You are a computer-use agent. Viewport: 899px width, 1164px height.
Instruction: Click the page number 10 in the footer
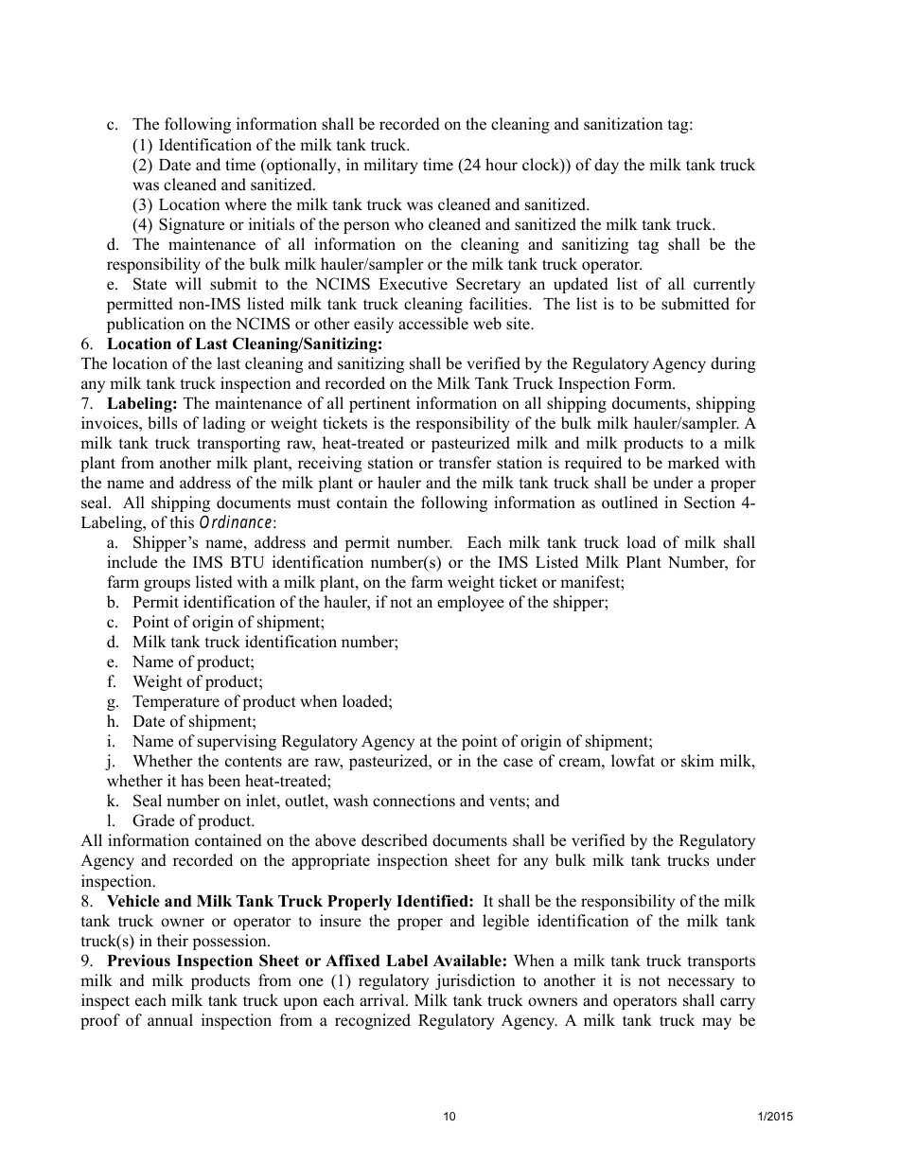(449, 1117)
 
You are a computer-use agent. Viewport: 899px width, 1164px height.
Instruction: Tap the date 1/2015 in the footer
(775, 1117)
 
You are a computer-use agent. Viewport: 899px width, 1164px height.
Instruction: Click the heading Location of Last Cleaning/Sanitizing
(244, 344)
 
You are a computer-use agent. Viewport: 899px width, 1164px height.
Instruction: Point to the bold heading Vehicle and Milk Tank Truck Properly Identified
(290, 901)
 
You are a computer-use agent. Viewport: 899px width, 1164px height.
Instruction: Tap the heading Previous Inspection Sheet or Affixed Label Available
(308, 961)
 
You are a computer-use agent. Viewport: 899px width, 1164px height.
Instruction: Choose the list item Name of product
(193, 662)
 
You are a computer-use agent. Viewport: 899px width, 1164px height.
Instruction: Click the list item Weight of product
(198, 682)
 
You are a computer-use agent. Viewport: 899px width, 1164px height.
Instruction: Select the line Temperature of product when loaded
(262, 702)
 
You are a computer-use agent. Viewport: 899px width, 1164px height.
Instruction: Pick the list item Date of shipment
(194, 722)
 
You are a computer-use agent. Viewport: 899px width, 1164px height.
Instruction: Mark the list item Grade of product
(193, 821)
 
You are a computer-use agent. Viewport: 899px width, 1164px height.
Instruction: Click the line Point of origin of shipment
(228, 623)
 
